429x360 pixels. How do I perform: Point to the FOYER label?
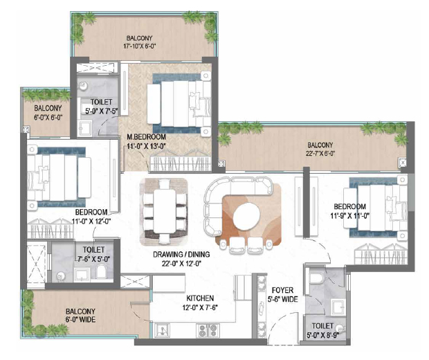pos(282,291)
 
